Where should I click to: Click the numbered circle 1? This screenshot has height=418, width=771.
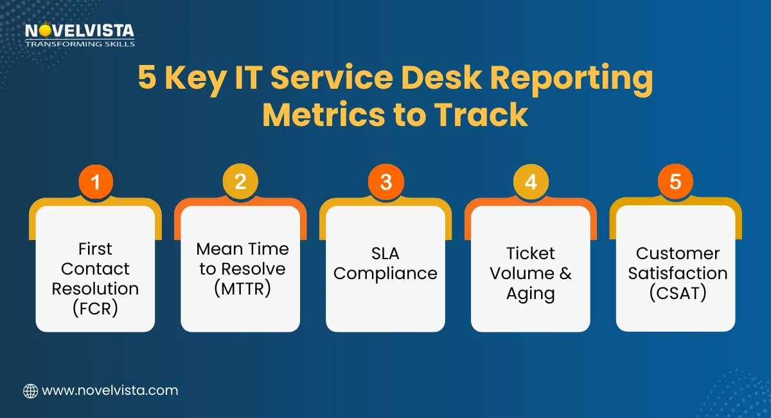(x=96, y=182)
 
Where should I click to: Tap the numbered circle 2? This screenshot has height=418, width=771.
(x=240, y=182)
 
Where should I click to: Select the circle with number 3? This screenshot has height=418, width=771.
(x=385, y=182)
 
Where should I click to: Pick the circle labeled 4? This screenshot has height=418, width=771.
(x=531, y=182)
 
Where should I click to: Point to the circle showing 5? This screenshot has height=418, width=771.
(x=675, y=182)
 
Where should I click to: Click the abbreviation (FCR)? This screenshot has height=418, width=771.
(x=95, y=309)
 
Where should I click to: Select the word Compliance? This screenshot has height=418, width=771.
(x=385, y=273)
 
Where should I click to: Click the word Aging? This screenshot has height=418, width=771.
(x=531, y=294)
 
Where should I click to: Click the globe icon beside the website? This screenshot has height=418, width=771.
(x=30, y=390)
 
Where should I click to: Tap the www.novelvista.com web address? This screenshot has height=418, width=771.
(x=110, y=390)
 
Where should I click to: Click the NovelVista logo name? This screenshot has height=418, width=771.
(x=80, y=30)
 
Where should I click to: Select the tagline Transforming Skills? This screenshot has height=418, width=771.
(x=80, y=44)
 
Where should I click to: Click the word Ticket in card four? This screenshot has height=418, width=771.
(x=531, y=253)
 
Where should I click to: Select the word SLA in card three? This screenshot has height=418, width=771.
(x=385, y=253)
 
